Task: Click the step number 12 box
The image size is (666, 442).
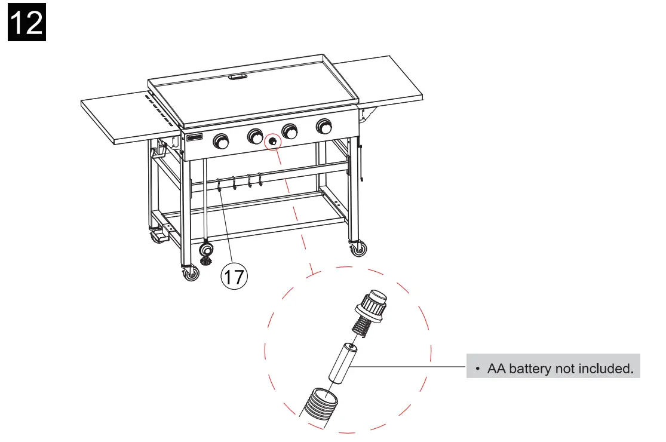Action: click(x=27, y=22)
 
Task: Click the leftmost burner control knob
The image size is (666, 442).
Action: click(x=222, y=141)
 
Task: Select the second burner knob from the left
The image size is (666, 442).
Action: click(x=256, y=136)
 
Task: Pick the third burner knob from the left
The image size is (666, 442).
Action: click(x=291, y=131)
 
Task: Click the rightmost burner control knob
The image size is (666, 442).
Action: click(x=325, y=127)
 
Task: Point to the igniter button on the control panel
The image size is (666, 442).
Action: click(x=273, y=142)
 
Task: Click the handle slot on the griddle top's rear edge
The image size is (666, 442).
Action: click(x=240, y=76)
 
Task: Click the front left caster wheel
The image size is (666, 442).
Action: click(x=191, y=274)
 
